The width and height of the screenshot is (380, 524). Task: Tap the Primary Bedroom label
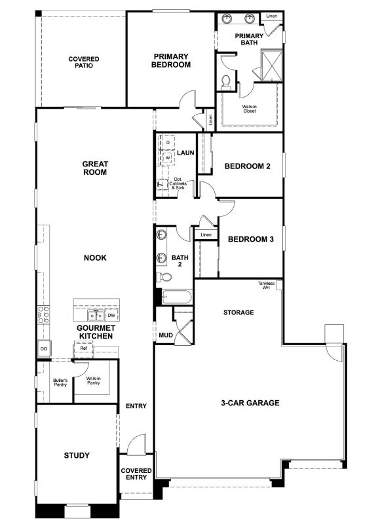tap(170, 60)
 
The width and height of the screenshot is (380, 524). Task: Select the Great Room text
tap(95, 168)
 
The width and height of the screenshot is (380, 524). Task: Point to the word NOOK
tap(95, 258)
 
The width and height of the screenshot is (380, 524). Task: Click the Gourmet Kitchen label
tap(96, 331)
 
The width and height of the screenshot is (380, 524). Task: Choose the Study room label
tap(77, 455)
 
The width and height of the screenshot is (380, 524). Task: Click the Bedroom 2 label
tap(248, 166)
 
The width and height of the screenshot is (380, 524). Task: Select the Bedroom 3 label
tap(251, 239)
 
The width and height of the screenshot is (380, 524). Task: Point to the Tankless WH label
tap(266, 286)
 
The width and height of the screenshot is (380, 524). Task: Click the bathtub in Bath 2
tap(175, 298)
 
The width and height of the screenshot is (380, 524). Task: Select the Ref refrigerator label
tap(83, 348)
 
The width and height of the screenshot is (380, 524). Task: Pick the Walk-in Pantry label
tap(92, 381)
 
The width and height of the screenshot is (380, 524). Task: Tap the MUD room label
tap(166, 335)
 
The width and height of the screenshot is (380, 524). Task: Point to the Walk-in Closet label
tap(249, 108)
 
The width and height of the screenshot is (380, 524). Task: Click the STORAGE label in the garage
tap(238, 312)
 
